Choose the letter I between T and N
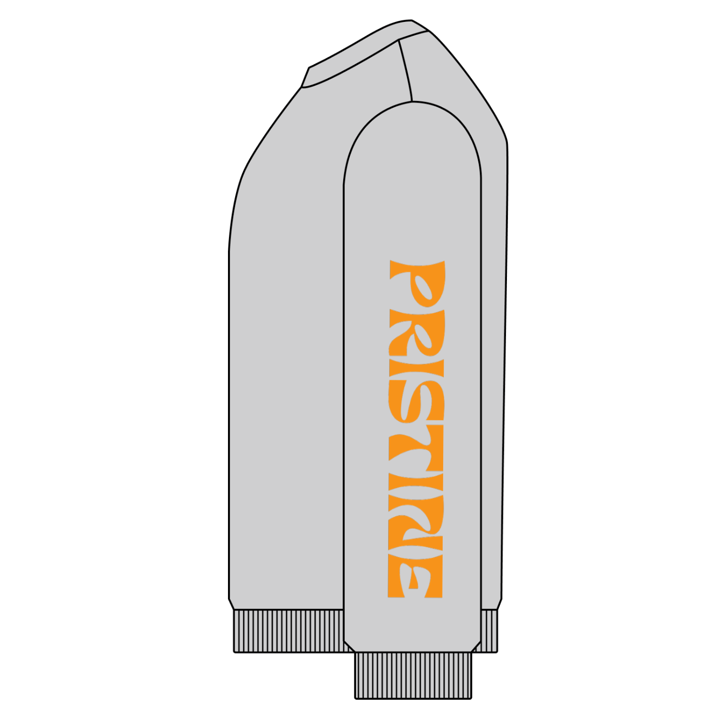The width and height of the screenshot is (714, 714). (416, 483)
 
